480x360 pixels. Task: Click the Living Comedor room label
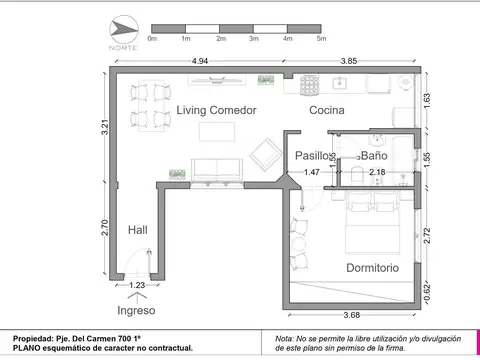pos(217,110)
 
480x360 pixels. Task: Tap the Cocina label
pos(328,110)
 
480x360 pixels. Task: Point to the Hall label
pos(138,230)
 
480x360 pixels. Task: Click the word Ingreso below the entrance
pos(137,309)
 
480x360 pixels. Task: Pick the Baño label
pos(374,156)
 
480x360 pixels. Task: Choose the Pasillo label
pos(312,156)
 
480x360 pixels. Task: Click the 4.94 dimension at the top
pos(200,61)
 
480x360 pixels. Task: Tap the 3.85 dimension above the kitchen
pos(349,61)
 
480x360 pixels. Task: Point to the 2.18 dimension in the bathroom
pos(377,172)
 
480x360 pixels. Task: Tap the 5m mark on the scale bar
pos(321,39)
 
